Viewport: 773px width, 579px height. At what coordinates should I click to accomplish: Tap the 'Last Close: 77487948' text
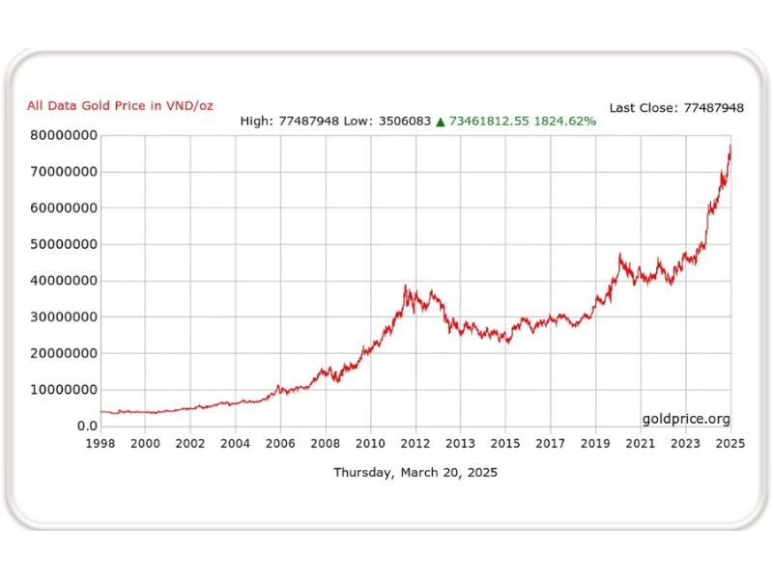(x=676, y=108)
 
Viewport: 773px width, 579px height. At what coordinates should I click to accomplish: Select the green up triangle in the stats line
(x=440, y=122)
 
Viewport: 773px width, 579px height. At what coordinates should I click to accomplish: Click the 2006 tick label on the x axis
(x=280, y=444)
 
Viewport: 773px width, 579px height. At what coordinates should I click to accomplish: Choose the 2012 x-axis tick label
(x=415, y=444)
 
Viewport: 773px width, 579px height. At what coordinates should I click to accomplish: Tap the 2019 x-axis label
(x=595, y=444)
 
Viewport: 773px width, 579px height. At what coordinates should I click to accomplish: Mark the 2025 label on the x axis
(x=730, y=444)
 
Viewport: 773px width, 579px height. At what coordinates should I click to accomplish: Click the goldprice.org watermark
(x=686, y=419)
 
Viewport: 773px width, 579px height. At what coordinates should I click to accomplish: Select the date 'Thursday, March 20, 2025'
(x=415, y=473)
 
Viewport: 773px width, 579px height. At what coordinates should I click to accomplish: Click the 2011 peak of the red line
(x=405, y=286)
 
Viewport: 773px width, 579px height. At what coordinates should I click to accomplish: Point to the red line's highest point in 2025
(x=730, y=145)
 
